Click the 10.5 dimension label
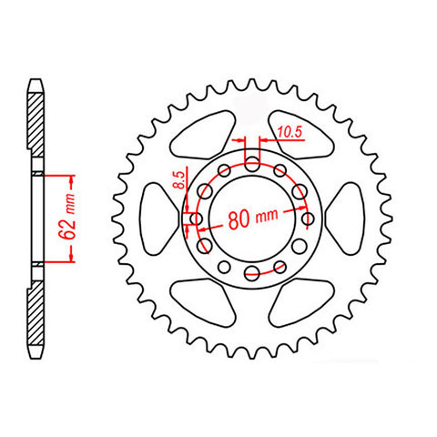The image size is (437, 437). pos(290,132)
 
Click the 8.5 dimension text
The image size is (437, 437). pos(180,180)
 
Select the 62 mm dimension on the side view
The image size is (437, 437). pos(68,217)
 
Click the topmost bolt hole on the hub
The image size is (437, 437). pos(252,165)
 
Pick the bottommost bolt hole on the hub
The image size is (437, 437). pos(252,272)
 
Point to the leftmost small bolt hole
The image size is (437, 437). pos(196,218)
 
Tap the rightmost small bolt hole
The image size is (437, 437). pos(309,218)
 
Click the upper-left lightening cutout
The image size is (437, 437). pos(202,135)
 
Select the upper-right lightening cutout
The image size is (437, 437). pos(301,135)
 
